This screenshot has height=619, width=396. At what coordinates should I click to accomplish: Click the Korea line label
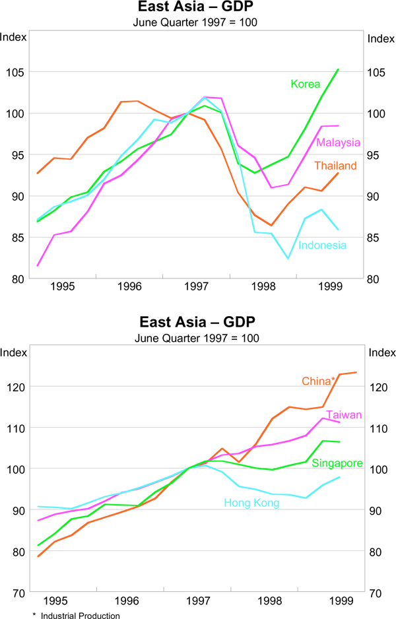coord(305,84)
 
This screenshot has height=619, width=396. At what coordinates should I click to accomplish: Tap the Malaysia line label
coord(338,143)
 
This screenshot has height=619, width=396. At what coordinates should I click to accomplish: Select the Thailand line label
coord(335,166)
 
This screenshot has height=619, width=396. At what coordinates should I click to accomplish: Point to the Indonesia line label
coord(322,245)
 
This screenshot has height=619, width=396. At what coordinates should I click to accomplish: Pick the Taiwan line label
coord(343,414)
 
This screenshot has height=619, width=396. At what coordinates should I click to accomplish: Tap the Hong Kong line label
coord(251,503)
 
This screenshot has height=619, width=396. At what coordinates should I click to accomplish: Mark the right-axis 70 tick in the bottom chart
coord(376,593)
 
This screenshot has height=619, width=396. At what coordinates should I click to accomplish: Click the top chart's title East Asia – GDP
coord(196,7)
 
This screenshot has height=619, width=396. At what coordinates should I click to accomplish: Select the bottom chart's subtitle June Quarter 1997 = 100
coord(196,337)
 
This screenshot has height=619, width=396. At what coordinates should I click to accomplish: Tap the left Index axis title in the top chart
coord(13,37)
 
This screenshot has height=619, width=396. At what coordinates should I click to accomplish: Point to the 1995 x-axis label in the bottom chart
coord(55,601)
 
